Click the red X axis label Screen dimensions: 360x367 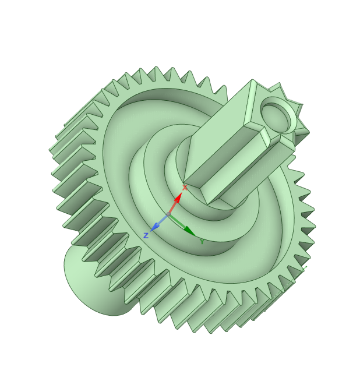(185, 188)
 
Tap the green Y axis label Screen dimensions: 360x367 (202, 241)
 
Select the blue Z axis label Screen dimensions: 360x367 (146, 235)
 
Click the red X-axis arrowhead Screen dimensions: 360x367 (178, 198)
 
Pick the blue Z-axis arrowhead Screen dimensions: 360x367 (155, 227)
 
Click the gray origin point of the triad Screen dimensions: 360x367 (168, 214)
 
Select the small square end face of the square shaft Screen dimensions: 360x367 (274, 110)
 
